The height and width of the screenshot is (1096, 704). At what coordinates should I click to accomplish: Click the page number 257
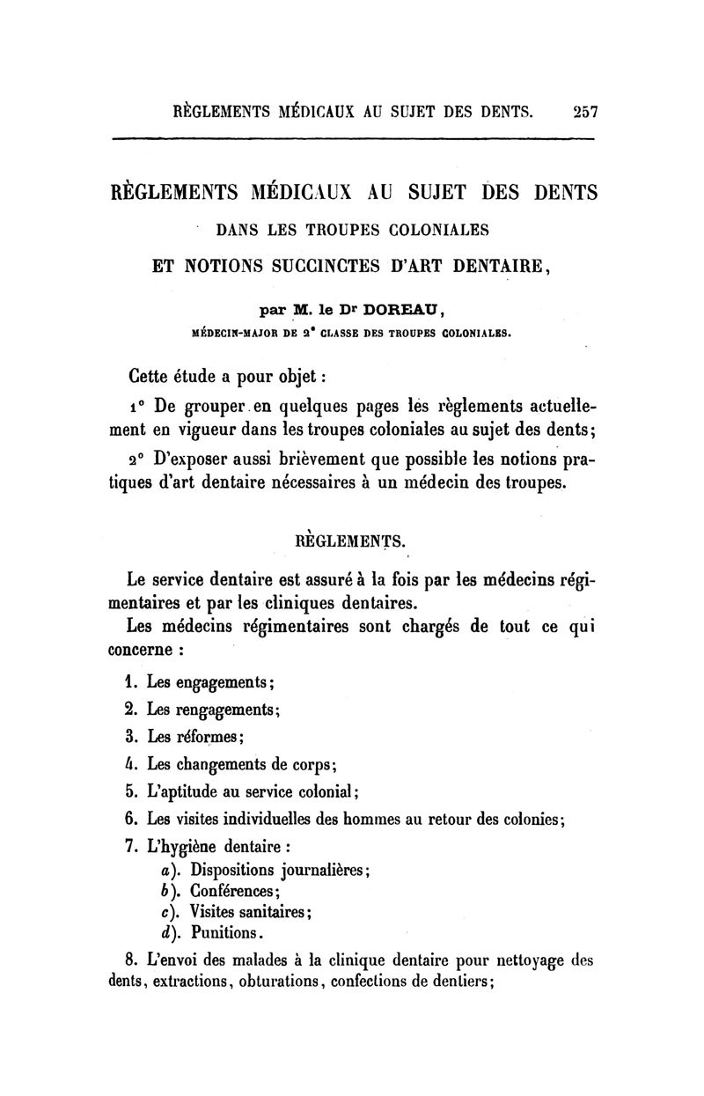coord(584,113)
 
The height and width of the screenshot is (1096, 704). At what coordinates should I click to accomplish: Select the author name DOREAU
coord(394,309)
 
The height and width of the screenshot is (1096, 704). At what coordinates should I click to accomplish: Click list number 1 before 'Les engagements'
coord(129,681)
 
